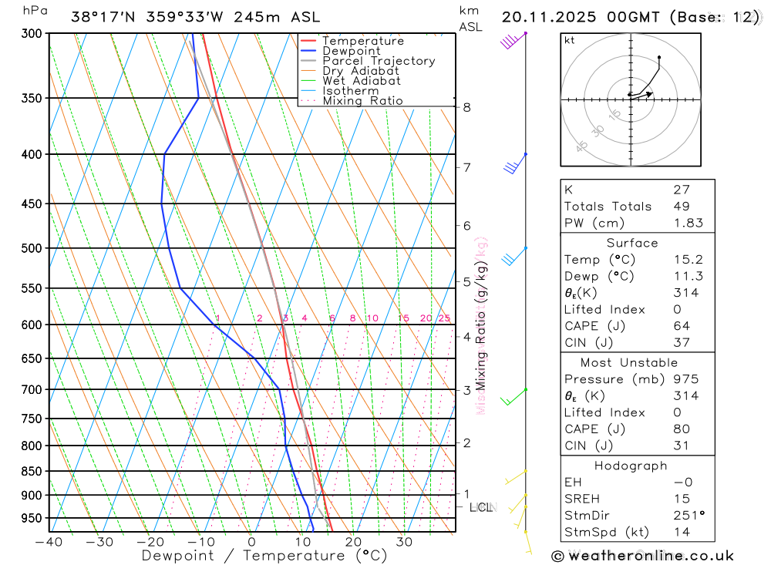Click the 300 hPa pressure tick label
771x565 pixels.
(31, 33)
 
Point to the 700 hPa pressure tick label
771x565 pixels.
(31, 389)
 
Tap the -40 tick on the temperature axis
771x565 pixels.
(49, 541)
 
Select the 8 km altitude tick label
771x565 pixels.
(467, 107)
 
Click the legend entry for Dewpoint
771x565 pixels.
(352, 51)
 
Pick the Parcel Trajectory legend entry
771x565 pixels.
(378, 61)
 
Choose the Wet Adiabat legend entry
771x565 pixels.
(361, 81)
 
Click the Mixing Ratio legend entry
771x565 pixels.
(362, 101)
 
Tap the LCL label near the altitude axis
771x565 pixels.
(481, 507)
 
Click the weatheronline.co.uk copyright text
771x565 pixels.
(642, 556)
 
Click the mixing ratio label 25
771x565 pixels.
(444, 318)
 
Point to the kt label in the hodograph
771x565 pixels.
(569, 40)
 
